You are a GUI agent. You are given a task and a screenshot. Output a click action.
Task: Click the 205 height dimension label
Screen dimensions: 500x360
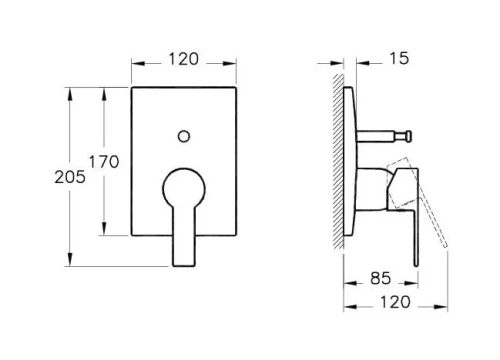70,177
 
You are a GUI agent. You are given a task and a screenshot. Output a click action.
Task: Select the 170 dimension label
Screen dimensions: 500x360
104,162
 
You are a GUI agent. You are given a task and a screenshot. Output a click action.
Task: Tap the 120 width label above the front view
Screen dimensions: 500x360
184,59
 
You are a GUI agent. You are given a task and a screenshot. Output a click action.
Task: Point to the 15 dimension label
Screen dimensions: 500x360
399,58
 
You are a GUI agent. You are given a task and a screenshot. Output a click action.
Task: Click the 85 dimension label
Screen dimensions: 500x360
381,278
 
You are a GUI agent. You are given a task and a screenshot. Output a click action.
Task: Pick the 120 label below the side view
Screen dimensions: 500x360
395,302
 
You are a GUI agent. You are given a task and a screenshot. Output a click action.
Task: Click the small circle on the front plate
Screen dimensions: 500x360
184,136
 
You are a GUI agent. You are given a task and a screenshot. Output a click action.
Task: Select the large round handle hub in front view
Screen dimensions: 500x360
184,188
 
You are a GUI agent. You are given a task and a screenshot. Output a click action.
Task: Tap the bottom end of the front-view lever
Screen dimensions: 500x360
183,266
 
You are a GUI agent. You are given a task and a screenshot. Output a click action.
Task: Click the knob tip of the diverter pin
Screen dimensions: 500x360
409,136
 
